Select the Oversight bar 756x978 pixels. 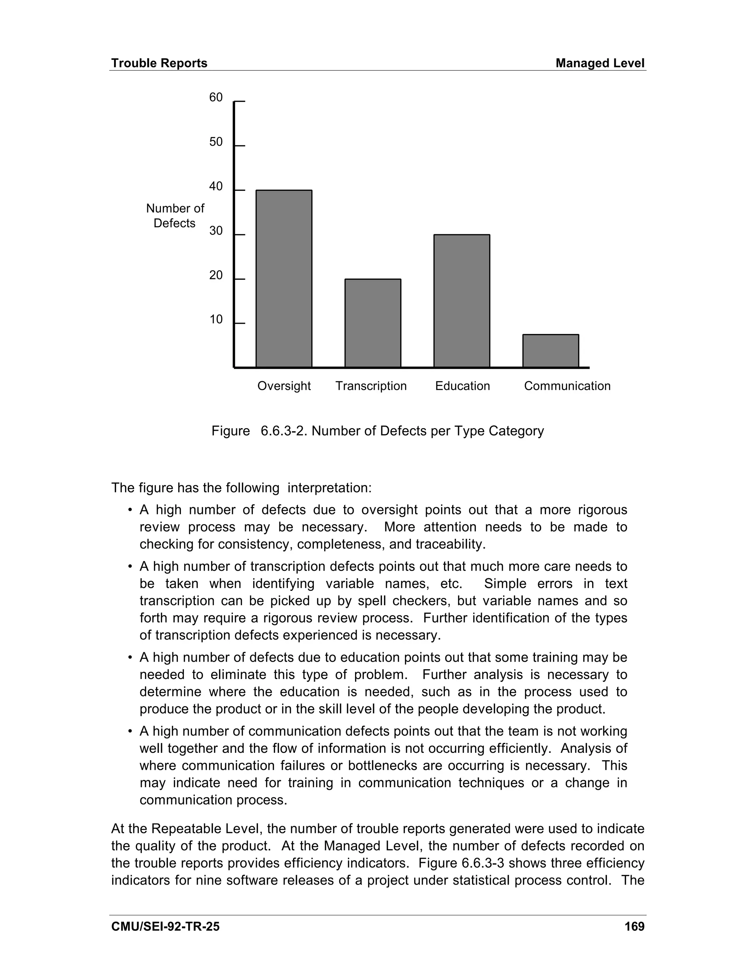(283, 279)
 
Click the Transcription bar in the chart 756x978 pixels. (372, 323)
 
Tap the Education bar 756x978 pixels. (461, 301)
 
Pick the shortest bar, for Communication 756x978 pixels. (550, 351)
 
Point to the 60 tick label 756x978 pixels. (216, 98)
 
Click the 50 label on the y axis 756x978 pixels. (216, 142)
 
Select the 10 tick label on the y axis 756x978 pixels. (216, 320)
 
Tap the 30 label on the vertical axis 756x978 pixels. (216, 231)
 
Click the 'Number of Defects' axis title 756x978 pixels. (175, 216)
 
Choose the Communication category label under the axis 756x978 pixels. (567, 386)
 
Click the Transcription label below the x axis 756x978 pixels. (371, 386)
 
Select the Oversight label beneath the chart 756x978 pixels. (284, 386)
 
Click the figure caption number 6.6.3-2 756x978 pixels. (284, 431)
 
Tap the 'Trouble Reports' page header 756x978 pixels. (159, 63)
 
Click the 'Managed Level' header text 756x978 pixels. (600, 63)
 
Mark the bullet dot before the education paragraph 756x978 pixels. (130, 658)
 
